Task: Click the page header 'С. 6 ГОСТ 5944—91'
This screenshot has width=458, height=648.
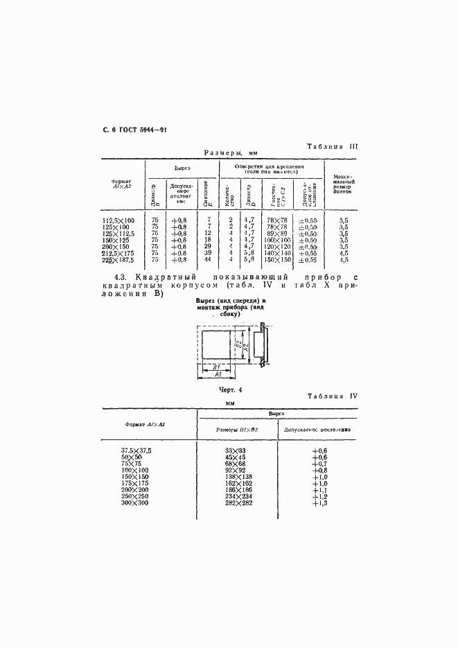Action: click(x=130, y=130)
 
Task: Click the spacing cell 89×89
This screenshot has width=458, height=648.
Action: click(x=275, y=233)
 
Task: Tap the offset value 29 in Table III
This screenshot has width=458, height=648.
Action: click(x=206, y=246)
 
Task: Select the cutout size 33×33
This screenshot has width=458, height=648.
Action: click(x=235, y=451)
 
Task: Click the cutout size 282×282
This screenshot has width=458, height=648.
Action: click(x=235, y=502)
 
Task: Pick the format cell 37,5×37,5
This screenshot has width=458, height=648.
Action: click(x=136, y=451)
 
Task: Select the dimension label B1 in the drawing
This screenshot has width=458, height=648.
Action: click(x=216, y=366)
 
